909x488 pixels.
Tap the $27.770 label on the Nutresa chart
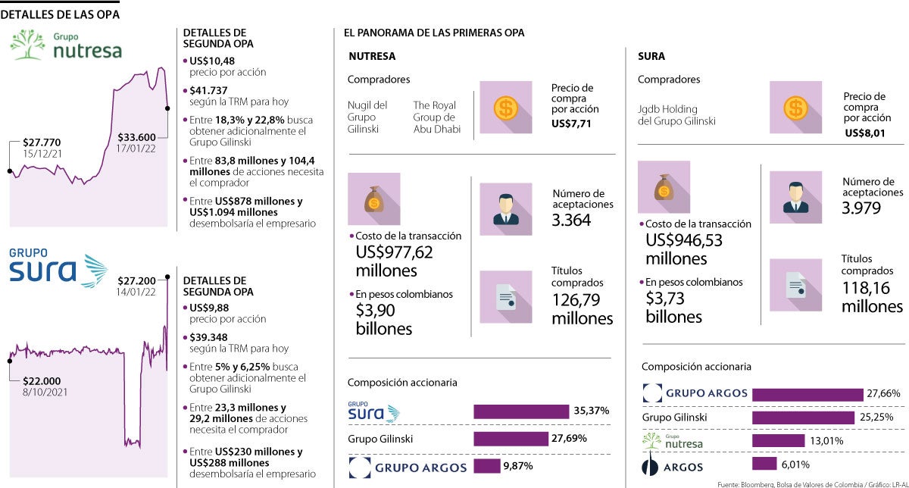[42, 142]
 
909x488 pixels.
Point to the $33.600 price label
[137, 137]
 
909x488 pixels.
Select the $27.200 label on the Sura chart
[136, 280]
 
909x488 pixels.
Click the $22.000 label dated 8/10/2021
[42, 381]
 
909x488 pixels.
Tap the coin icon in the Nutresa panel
[504, 108]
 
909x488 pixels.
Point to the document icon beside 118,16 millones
[795, 285]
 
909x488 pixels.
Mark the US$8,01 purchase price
[864, 134]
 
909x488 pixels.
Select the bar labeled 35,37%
[521, 411]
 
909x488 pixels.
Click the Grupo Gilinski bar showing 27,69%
[511, 439]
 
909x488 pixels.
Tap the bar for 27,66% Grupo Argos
[807, 394]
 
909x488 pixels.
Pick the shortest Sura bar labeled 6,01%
[764, 464]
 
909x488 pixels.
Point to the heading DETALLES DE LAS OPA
[60, 14]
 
